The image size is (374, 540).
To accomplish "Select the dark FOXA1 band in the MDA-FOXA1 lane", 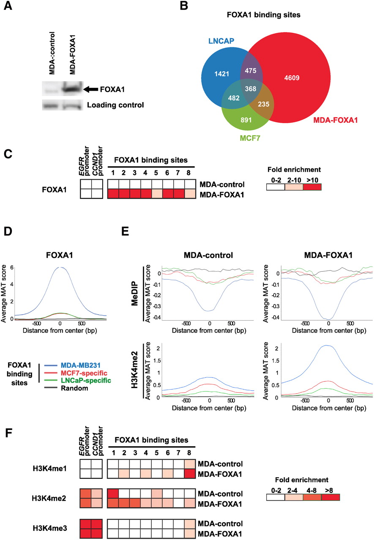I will [71, 89].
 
